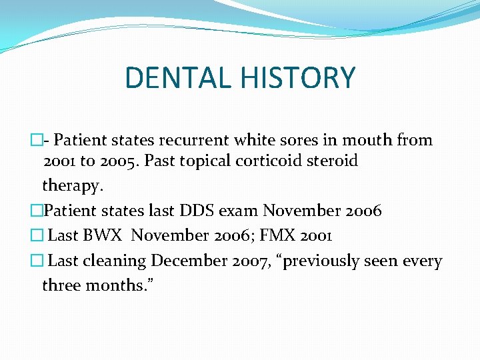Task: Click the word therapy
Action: [72, 185]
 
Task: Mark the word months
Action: [116, 285]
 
